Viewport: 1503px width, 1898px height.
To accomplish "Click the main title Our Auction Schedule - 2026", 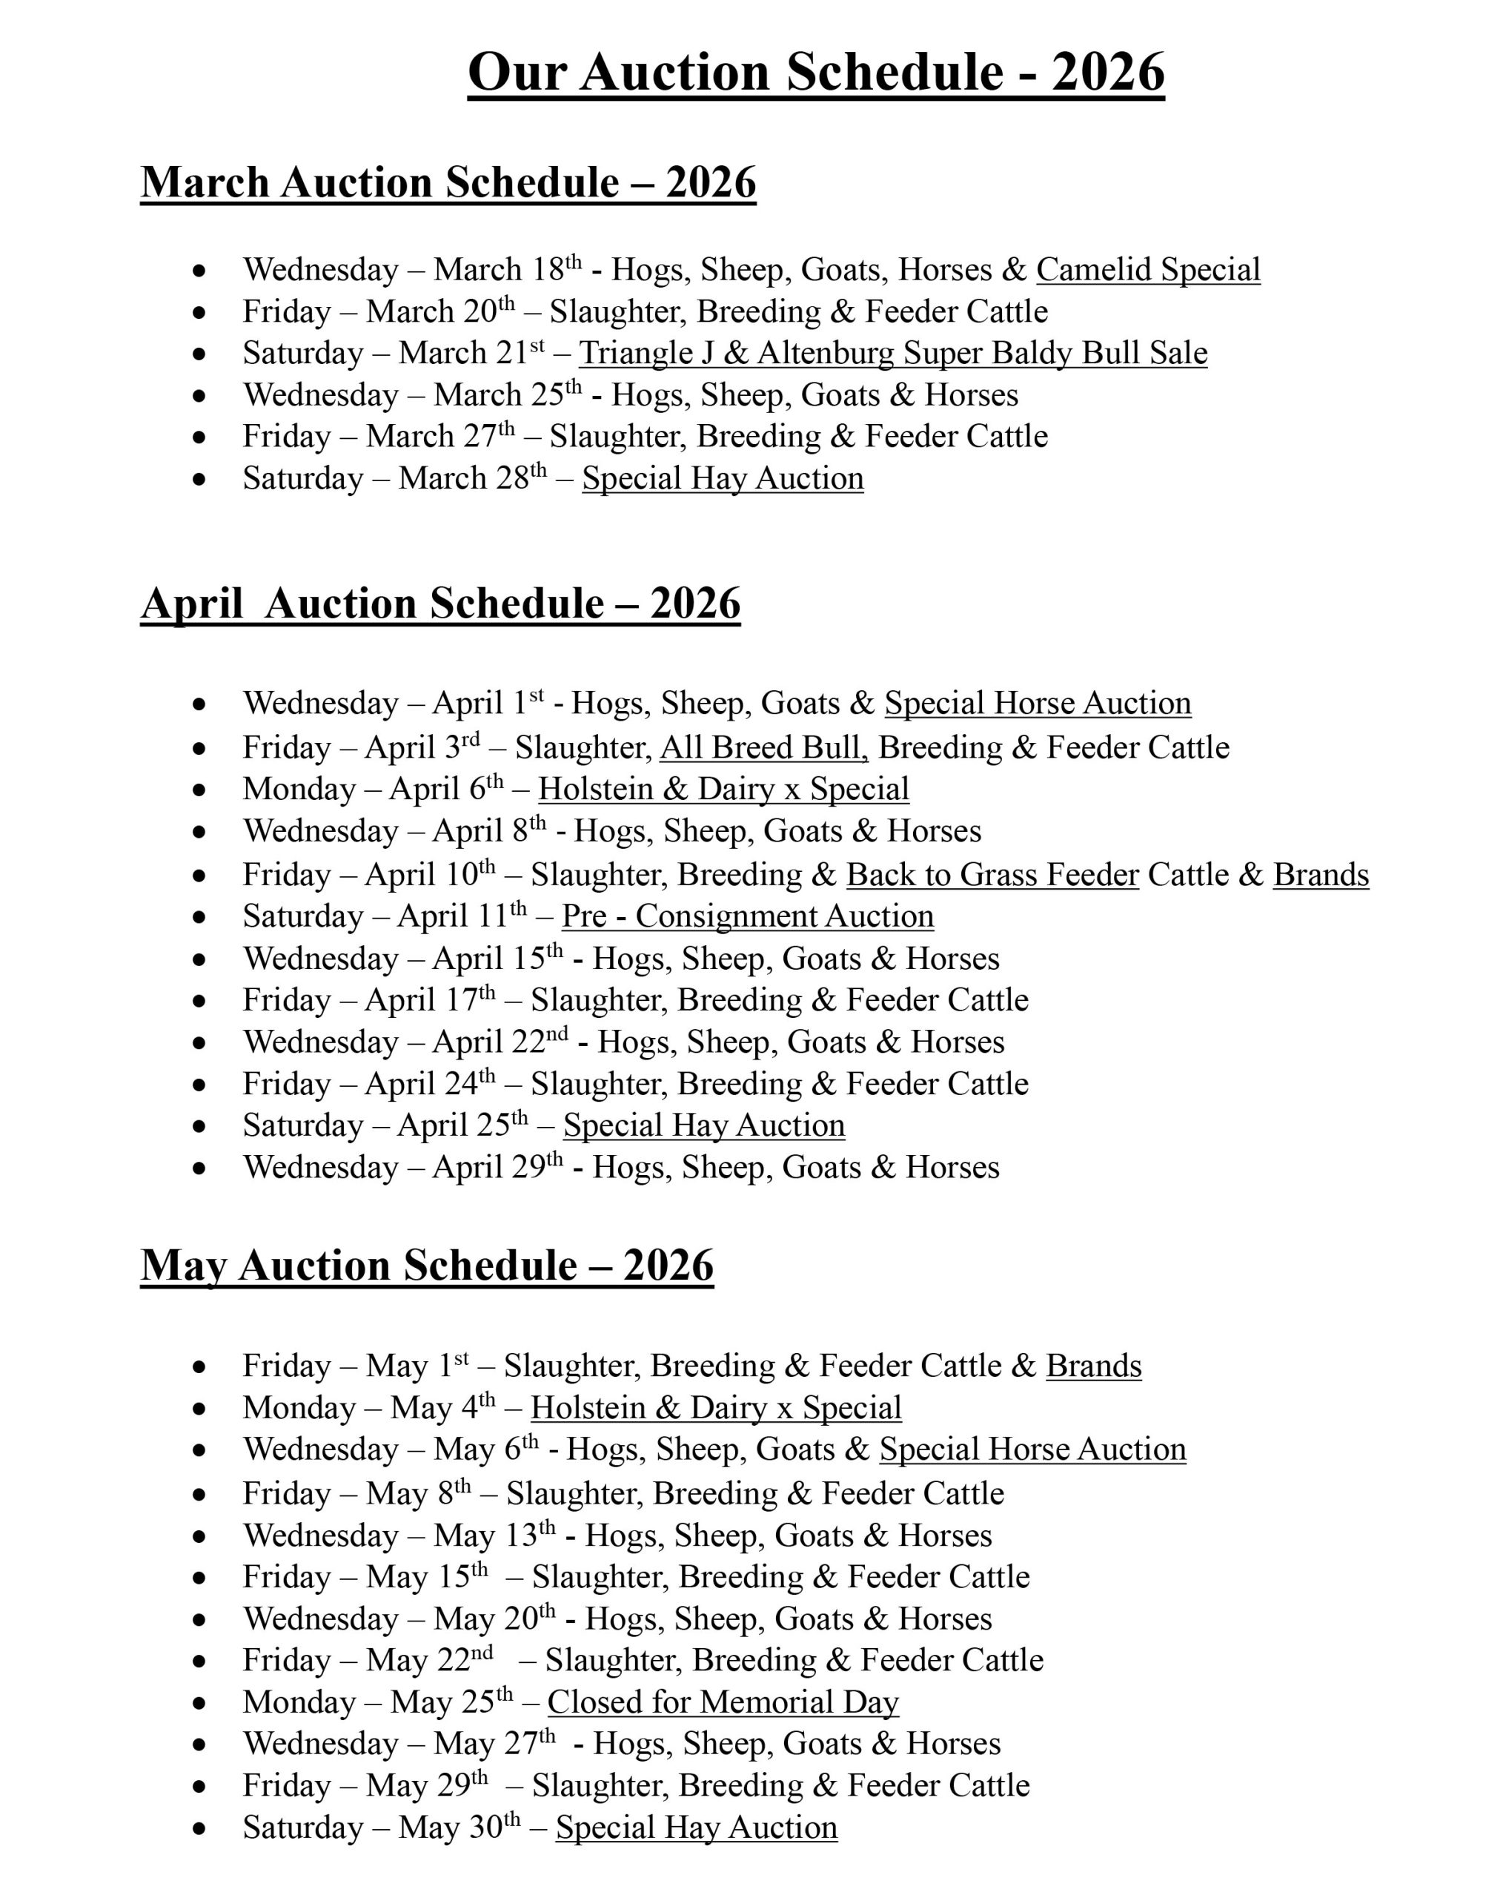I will point(816,72).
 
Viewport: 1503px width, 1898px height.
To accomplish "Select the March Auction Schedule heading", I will point(448,183).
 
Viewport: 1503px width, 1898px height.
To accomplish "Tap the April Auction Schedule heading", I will point(440,605).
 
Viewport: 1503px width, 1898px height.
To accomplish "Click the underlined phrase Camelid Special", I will point(1147,269).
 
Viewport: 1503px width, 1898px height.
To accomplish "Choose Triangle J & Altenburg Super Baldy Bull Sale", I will point(892,353).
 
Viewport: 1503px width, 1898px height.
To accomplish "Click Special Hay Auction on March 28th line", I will point(723,479).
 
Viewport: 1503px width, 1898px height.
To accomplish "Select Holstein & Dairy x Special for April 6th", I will point(723,789).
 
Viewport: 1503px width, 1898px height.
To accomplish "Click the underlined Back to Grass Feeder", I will point(992,875).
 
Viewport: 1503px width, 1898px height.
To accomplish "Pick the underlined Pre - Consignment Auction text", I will point(747,916).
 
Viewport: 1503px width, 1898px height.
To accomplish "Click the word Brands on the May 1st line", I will point(1093,1366).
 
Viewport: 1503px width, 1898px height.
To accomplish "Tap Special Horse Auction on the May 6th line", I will point(1032,1450).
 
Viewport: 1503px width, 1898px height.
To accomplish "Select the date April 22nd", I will point(500,1042).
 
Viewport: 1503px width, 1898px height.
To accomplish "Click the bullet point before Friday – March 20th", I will point(200,313).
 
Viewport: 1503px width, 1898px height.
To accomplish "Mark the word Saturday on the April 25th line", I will point(302,1126).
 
